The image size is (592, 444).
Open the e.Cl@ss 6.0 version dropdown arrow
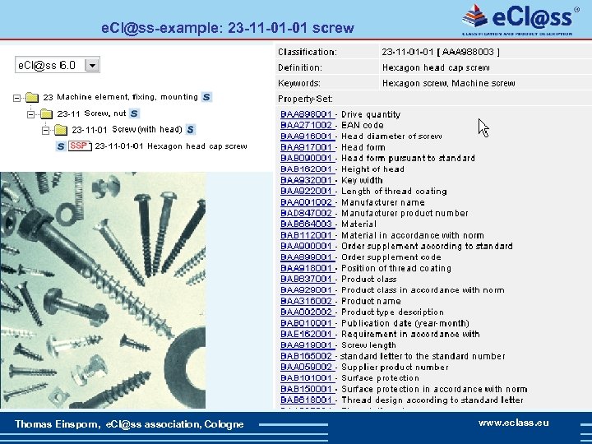(91, 64)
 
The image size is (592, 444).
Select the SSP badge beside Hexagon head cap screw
(80, 146)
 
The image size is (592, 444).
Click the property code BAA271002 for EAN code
(307, 125)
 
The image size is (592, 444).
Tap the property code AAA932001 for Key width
(307, 180)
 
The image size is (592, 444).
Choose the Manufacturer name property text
(383, 201)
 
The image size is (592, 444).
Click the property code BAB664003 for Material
(307, 224)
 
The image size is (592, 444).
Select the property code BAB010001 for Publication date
(307, 323)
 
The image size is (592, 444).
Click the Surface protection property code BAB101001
(307, 378)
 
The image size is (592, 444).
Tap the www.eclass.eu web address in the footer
(514, 423)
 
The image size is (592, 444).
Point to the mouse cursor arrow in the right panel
(483, 127)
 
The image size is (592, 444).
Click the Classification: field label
(308, 52)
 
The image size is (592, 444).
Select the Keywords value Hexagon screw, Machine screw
(449, 83)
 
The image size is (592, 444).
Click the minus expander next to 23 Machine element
(17, 98)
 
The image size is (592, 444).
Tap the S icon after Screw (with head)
(190, 129)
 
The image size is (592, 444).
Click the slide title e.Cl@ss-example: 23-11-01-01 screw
(227, 27)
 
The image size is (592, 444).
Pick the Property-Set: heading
(305, 99)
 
